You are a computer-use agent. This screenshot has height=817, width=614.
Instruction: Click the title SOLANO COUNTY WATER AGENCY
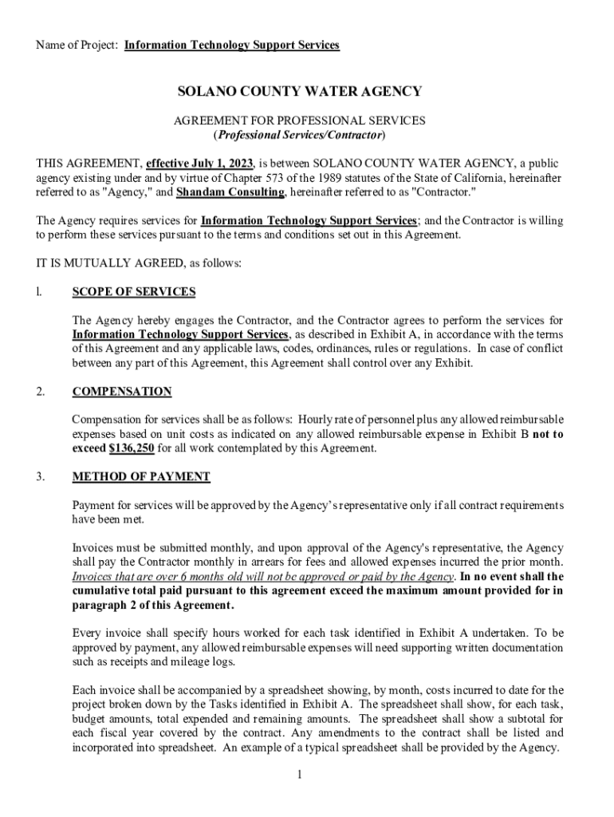(299, 92)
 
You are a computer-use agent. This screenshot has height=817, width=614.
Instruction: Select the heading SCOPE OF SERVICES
(134, 292)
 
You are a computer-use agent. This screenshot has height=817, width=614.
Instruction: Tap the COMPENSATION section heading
(122, 392)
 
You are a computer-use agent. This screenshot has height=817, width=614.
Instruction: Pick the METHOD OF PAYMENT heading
(141, 477)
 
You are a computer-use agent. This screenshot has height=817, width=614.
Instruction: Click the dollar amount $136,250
(132, 448)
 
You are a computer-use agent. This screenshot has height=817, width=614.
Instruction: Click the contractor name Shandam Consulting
(230, 192)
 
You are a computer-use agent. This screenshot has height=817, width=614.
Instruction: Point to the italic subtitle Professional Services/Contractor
(299, 135)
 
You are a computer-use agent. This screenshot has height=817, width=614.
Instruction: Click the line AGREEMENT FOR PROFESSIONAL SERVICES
(299, 120)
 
